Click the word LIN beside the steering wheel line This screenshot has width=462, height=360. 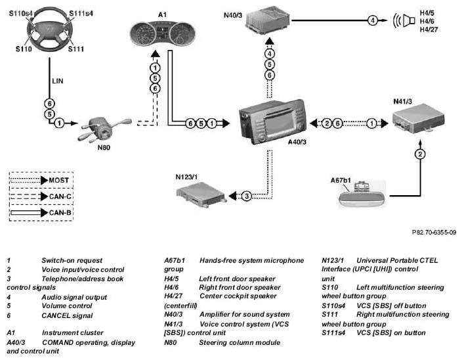point(58,81)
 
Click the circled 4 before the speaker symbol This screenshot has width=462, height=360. point(372,20)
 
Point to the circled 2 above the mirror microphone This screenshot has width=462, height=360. point(418,155)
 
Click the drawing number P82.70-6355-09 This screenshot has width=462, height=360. point(434,232)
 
